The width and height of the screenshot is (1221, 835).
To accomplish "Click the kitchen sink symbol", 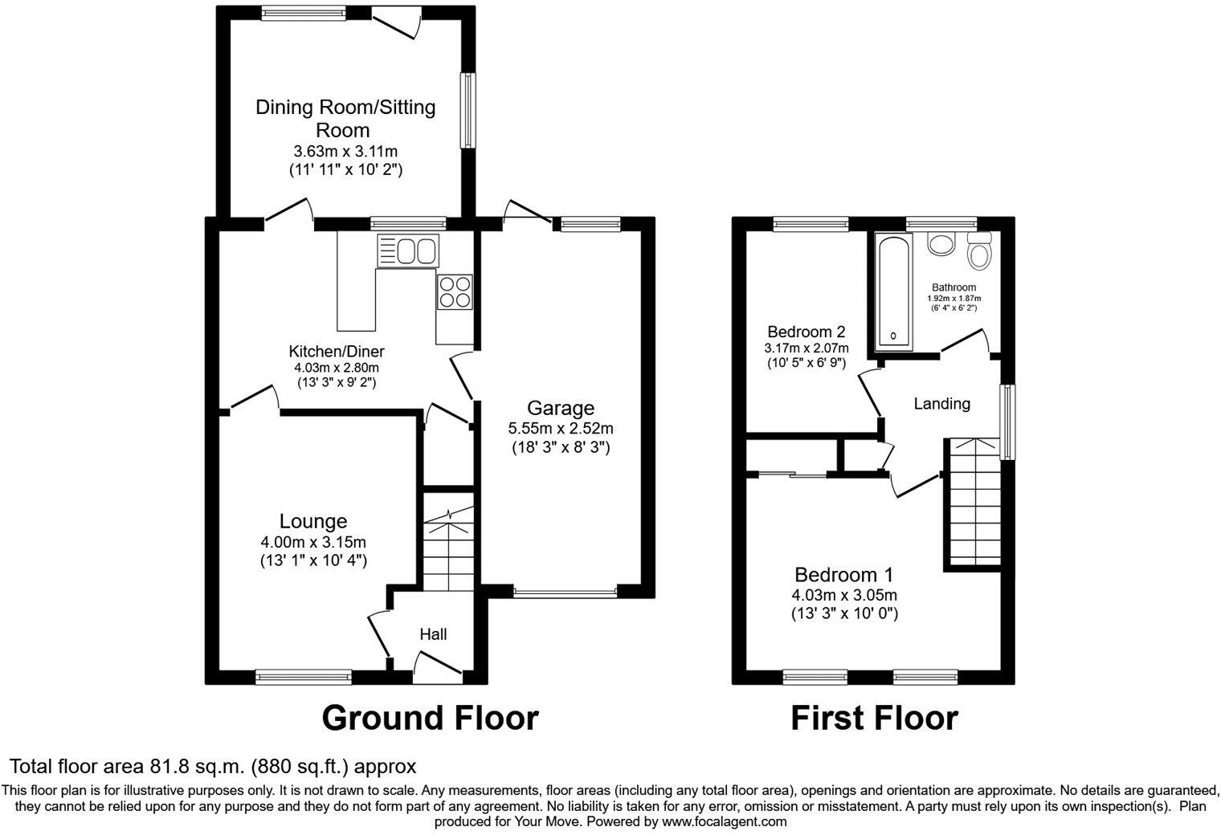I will click(407, 250).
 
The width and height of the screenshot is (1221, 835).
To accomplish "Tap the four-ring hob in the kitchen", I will click(454, 291).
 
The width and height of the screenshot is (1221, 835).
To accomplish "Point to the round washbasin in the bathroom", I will click(939, 243).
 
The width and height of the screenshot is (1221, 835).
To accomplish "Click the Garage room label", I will click(561, 408).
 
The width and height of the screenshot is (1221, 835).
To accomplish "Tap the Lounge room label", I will click(313, 522).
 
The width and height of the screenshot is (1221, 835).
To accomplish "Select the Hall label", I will click(433, 634).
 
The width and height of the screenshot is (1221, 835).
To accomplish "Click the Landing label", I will click(941, 404).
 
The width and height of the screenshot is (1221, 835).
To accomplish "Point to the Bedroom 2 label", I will click(806, 332).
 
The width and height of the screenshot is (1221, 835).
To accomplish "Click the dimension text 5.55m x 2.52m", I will click(561, 429).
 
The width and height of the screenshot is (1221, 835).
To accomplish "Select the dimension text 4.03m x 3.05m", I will click(843, 595).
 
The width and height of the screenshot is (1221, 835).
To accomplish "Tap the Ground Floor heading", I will click(430, 717).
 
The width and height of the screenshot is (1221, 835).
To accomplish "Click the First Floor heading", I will click(874, 717).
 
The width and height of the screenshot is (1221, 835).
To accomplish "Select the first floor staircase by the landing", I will click(974, 502).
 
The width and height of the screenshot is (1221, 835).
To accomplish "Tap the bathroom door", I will click(966, 340).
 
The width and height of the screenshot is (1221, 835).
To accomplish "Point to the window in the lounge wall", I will click(304, 677).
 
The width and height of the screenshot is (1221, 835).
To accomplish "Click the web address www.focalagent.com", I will click(724, 821).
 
